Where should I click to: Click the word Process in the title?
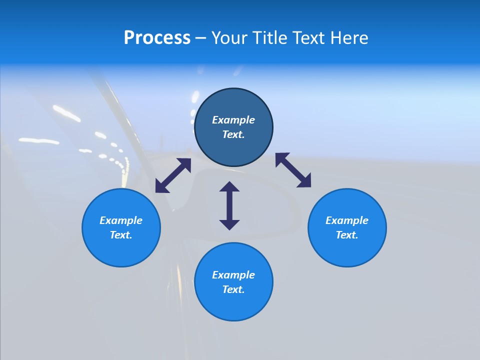pos(157,38)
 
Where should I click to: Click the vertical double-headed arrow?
pos(229,205)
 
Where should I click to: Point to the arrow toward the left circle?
pos(173,175)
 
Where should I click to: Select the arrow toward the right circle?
pos(293,170)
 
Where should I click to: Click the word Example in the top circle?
pos(233,120)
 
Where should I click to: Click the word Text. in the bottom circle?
pos(233,289)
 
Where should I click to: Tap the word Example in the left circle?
pos(121,220)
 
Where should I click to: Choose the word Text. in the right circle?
pos(347,235)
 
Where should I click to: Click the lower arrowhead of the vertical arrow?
pos(229,224)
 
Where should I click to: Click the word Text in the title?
pos(304,38)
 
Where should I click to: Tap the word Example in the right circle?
pos(347,220)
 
